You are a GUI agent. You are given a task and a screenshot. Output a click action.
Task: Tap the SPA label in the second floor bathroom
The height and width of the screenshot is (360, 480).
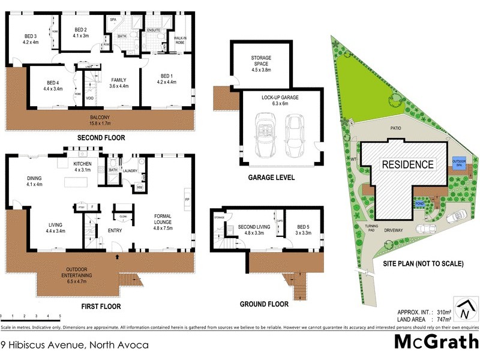click(x=113, y=20)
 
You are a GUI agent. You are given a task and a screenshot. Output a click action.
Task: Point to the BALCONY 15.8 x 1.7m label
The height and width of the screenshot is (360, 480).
click(x=100, y=120)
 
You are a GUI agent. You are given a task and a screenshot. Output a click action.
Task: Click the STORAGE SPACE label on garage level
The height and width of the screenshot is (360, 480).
click(x=262, y=62)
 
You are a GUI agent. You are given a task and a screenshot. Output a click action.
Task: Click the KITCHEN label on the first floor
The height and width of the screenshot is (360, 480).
click(x=82, y=166)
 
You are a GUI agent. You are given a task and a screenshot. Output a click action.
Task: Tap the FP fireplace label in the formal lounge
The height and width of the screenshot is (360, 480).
click(x=187, y=199)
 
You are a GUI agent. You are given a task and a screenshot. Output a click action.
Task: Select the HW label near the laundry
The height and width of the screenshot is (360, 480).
click(x=139, y=188)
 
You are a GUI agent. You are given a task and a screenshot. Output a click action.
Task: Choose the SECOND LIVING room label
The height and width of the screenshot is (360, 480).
click(x=251, y=229)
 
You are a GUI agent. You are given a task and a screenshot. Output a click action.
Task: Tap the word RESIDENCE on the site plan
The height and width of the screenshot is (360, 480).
click(x=408, y=164)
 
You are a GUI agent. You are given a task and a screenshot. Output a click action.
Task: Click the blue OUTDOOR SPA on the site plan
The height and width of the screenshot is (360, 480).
click(x=459, y=163)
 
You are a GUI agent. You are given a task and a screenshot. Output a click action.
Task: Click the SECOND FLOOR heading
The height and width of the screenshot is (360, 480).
click(x=101, y=138)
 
